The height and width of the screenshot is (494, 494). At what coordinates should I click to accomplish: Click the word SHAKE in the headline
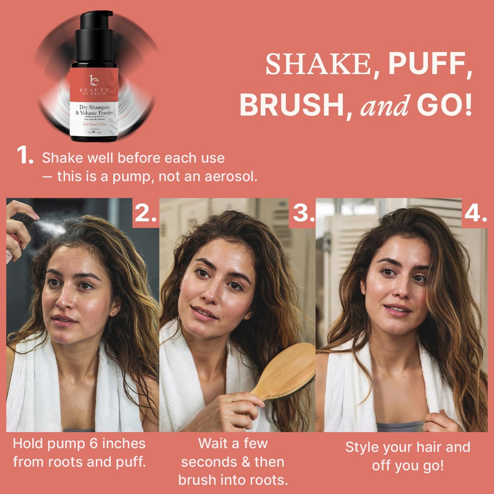tap(318, 64)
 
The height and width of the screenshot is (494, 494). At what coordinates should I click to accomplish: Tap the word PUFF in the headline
tap(430, 64)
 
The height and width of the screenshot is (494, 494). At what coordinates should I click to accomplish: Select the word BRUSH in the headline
tap(292, 105)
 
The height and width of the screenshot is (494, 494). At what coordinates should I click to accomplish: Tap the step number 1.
tap(25, 156)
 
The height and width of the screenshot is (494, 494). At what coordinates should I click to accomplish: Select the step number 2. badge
tap(146, 213)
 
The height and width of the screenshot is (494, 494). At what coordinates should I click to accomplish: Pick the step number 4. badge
tap(476, 213)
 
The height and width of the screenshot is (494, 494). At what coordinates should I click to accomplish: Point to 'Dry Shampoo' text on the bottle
tap(94, 107)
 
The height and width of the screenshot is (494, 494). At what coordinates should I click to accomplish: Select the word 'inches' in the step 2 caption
tap(124, 443)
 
